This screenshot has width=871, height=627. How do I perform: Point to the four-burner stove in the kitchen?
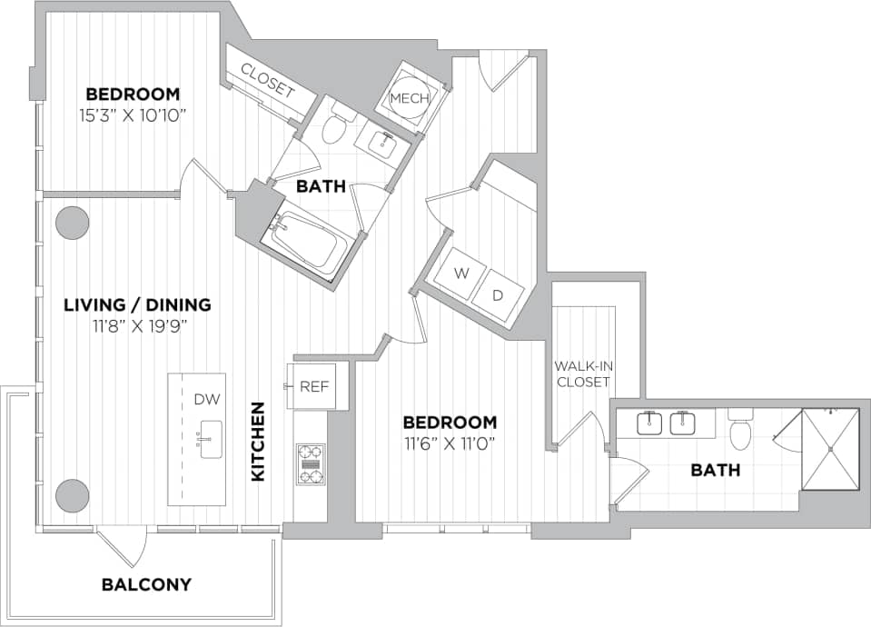[311, 463]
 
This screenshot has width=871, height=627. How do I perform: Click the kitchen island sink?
[211, 439]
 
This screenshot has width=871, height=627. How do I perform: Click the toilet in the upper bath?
[335, 130]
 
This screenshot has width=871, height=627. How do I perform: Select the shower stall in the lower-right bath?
[829, 449]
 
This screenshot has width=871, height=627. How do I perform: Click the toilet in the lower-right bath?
[740, 432]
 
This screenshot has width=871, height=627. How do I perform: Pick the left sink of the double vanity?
[649, 423]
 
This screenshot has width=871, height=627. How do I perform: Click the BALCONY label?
[146, 584]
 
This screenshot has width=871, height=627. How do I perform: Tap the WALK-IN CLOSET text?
[582, 374]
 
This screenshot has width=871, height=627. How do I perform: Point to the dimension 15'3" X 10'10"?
[133, 115]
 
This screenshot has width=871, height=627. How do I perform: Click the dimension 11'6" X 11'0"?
[450, 443]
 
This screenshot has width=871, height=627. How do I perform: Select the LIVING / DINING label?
[137, 305]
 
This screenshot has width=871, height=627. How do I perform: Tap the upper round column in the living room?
[72, 223]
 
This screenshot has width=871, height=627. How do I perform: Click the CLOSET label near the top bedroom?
[268, 80]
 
